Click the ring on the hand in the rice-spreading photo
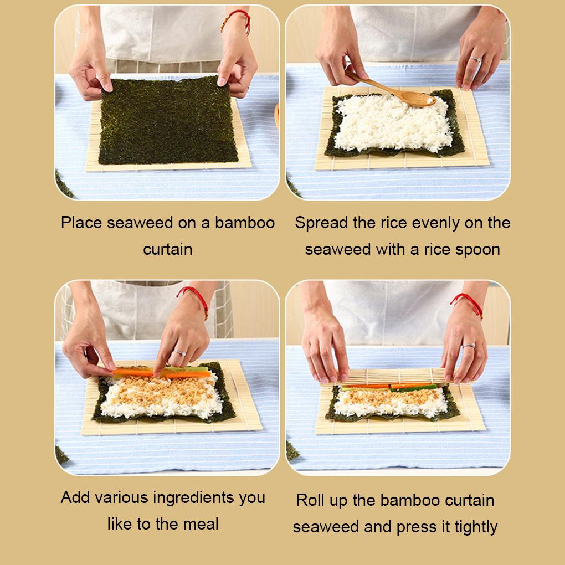click(475, 59)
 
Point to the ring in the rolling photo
click(469, 346)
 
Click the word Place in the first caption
click(82, 223)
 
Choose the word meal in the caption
click(201, 523)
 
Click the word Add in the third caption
click(75, 497)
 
